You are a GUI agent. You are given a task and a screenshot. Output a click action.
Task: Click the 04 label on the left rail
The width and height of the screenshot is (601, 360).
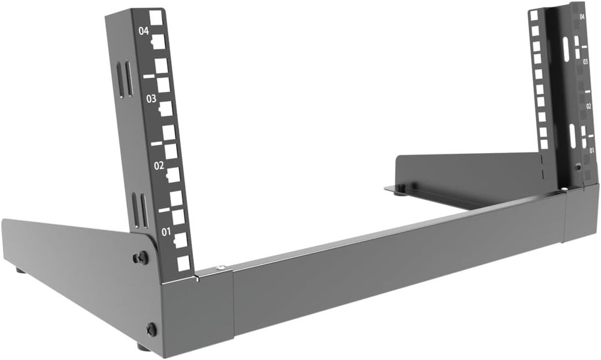tap(143, 31)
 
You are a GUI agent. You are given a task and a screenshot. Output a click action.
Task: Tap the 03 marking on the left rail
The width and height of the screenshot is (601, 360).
tap(151, 97)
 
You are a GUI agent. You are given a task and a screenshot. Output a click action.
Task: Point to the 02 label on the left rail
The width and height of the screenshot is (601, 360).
tap(159, 164)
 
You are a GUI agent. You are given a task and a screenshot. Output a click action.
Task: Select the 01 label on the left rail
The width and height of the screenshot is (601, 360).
tap(166, 231)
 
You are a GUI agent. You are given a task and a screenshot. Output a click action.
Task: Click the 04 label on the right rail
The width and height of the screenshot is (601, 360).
tap(582, 17)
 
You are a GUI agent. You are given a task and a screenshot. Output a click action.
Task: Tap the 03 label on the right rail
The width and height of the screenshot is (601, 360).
tap(585, 61)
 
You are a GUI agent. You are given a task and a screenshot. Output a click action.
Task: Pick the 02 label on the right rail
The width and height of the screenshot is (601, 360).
tap(589, 106)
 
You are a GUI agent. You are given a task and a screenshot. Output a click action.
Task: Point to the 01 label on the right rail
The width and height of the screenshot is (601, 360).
tap(592, 150)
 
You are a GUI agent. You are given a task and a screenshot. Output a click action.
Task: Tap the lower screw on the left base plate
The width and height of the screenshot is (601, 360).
tap(151, 329)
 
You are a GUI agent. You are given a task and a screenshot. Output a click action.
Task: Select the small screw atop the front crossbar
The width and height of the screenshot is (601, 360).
tap(220, 267)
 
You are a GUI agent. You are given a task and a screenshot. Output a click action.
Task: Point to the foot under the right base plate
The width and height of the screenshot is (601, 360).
tap(399, 191)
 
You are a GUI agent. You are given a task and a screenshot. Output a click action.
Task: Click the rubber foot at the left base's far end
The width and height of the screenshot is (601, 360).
tap(20, 271)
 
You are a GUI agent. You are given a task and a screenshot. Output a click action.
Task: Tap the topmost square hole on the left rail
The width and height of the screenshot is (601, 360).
tap(156, 17)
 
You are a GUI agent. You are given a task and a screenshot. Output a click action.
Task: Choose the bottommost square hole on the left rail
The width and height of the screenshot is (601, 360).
tap(184, 263)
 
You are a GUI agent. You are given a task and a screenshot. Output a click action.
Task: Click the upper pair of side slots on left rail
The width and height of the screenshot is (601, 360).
tap(124, 79)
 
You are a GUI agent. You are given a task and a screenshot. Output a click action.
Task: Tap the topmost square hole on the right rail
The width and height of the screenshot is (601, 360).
tap(534, 15)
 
